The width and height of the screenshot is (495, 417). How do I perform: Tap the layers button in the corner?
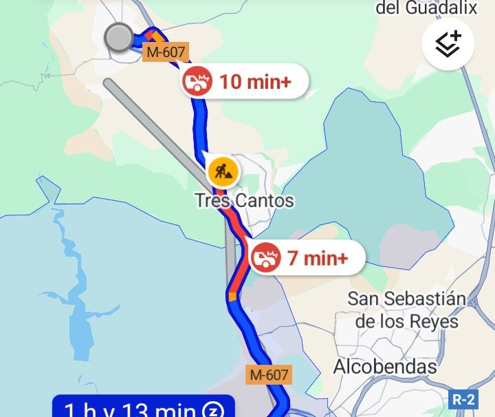click(448, 45)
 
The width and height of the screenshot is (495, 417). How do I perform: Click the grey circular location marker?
click(120, 38)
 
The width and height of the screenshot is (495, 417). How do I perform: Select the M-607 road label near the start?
click(165, 52)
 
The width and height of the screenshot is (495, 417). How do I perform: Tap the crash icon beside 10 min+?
click(197, 82)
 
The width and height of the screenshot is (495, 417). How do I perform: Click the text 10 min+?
click(255, 82)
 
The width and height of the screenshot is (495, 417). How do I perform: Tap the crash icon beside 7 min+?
click(265, 258)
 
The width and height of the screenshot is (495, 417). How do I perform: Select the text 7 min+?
click(318, 259)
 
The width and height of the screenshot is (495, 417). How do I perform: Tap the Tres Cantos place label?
click(244, 201)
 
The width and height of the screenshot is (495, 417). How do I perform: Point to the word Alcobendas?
click(385, 367)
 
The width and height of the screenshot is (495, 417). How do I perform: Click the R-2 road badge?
click(463, 399)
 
